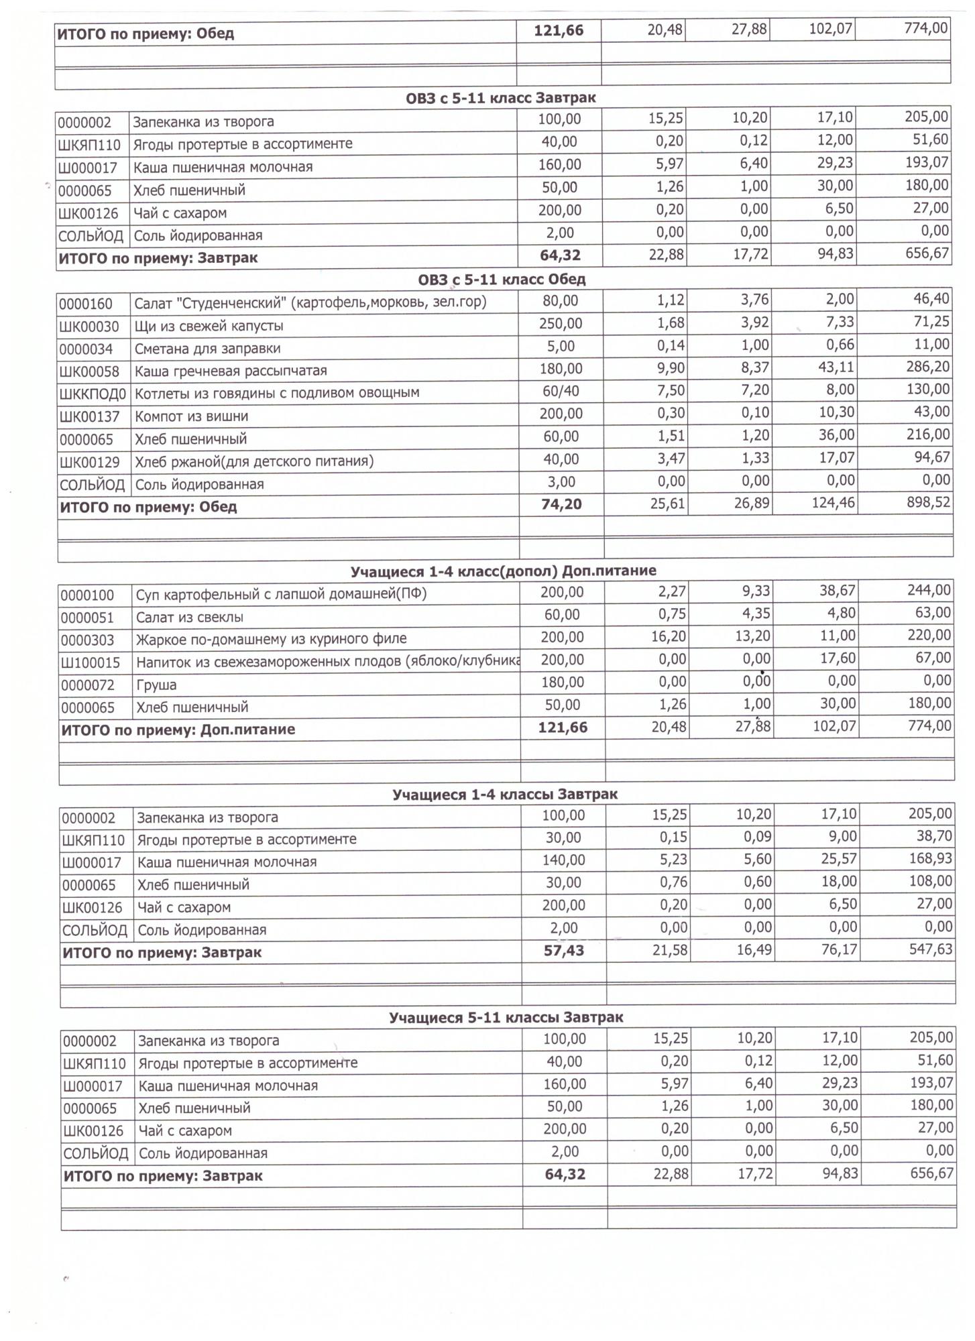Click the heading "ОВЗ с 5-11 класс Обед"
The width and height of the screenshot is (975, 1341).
tap(501, 279)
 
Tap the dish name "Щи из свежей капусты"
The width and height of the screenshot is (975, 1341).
tap(209, 326)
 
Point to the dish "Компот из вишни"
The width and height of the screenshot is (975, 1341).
tap(191, 416)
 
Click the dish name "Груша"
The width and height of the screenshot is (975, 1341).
tap(156, 685)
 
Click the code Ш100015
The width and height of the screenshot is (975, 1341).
tap(91, 663)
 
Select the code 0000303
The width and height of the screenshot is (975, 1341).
tap(87, 640)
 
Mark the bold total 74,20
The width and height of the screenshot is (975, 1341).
tap(561, 504)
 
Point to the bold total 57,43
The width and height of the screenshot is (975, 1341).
tap(563, 951)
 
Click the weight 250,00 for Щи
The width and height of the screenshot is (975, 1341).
tap(561, 324)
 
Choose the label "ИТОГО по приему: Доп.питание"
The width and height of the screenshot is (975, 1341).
tap(178, 730)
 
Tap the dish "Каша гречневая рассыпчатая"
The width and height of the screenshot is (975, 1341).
tap(231, 371)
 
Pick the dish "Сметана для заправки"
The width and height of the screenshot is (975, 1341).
tap(207, 349)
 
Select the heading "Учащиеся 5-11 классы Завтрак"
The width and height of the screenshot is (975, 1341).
tap(506, 1018)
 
